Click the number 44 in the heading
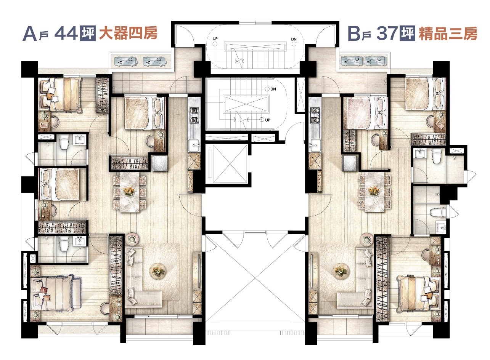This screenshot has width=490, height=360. (x=66, y=34)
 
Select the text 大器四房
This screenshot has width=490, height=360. (x=128, y=34)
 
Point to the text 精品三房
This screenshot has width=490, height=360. (x=448, y=34)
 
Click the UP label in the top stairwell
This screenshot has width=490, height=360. (x=215, y=39)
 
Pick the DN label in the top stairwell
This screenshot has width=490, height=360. (x=294, y=39)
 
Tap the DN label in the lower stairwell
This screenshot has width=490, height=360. (x=273, y=89)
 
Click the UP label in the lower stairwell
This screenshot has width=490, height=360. (x=268, y=120)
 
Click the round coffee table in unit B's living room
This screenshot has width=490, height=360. (x=341, y=271)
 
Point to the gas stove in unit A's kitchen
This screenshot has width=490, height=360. (x=194, y=115)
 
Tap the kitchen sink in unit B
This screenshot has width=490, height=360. (x=315, y=145)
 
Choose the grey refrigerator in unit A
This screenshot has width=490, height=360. (x=160, y=163)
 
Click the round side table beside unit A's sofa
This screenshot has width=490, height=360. (x=132, y=240)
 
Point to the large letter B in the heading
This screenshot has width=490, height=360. (x=354, y=34)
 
